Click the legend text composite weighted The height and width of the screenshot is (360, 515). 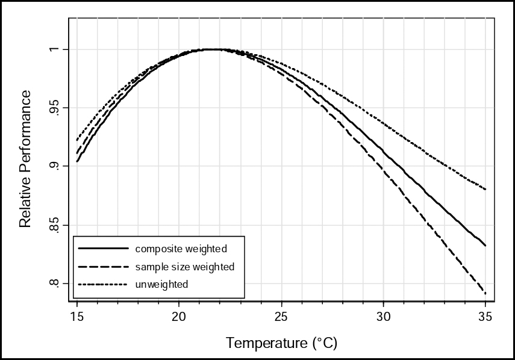181,248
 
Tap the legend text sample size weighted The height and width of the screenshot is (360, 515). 185,266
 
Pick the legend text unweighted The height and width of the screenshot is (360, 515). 162,284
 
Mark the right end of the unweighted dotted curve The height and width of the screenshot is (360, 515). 485,189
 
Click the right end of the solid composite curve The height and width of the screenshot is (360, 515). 485,246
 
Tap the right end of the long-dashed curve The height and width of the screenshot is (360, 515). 485,294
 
